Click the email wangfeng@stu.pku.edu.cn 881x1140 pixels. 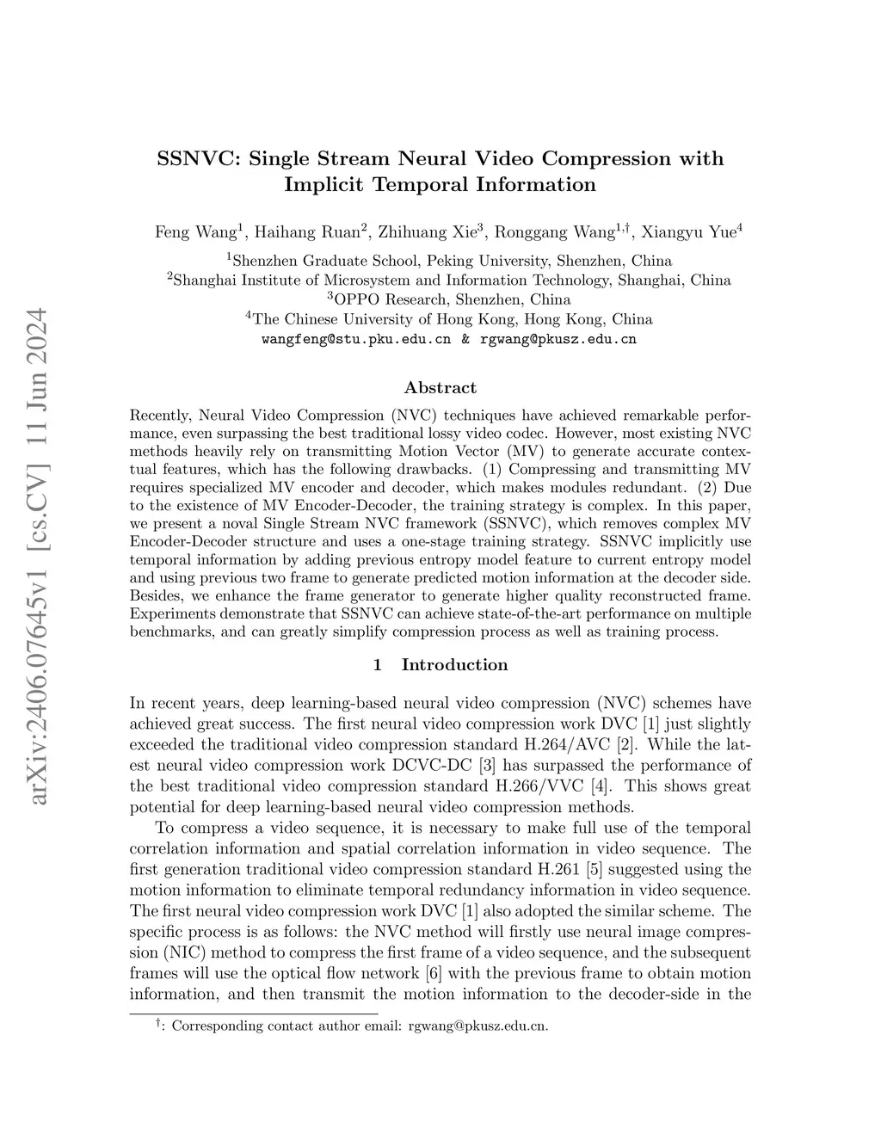click(355, 339)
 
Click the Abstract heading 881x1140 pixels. click(440, 388)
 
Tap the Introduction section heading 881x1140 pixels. click(454, 665)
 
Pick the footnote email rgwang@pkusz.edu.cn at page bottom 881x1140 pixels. click(477, 1026)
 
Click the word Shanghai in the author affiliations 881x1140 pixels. click(205, 280)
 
